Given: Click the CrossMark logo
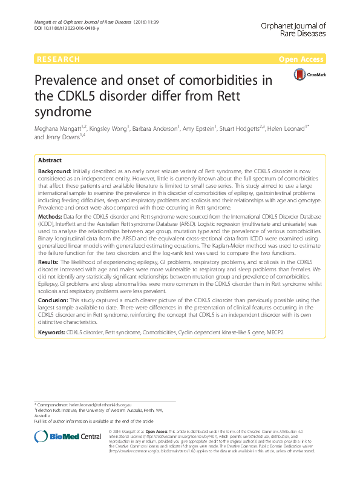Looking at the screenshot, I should coord(309,74).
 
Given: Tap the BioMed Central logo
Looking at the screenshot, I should coord(59,437).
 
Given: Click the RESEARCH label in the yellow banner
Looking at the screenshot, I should coord(58,59).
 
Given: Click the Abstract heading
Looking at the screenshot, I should coord(50,160).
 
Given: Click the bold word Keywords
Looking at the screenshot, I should coord(51,332).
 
